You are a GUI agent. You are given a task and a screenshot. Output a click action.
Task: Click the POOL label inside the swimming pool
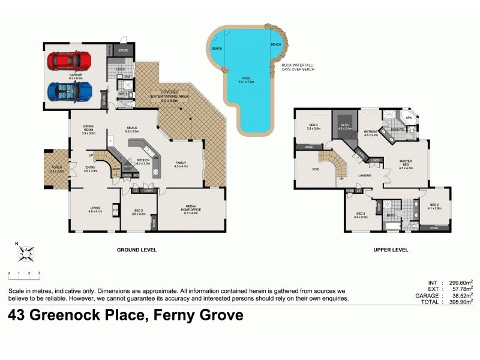[244, 79]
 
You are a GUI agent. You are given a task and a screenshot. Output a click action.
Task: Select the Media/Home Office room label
[192, 209]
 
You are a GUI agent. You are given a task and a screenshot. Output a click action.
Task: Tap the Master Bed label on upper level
[406, 165]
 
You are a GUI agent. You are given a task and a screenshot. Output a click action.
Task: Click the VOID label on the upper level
[315, 170]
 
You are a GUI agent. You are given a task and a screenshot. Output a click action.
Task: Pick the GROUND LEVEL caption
[137, 250]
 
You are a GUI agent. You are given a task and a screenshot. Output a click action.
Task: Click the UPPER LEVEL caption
[391, 250]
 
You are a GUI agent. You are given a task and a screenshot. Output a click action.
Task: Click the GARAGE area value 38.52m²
[461, 295]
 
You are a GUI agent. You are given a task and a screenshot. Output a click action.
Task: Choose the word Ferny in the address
[179, 315]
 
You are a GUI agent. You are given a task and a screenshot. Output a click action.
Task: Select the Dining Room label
[92, 130]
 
